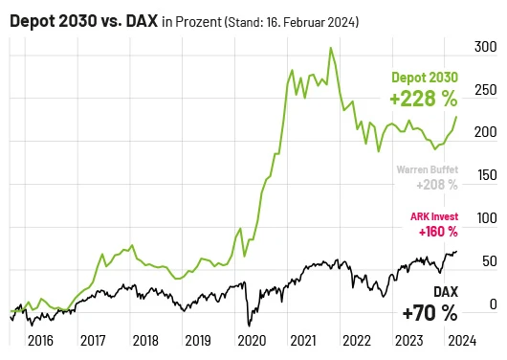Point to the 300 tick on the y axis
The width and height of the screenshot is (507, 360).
[485, 47]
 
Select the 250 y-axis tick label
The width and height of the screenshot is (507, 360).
[485, 90]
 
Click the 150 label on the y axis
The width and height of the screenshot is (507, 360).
[485, 175]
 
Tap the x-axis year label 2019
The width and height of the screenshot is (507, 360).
[197, 340]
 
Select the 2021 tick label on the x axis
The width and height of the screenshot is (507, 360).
[303, 340]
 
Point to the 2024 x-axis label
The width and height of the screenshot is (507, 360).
[461, 340]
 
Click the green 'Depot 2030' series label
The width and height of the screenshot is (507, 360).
[425, 79]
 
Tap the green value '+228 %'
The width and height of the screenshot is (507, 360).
[423, 99]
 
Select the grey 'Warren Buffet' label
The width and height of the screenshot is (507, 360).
[427, 169]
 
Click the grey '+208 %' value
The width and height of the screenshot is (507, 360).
[436, 184]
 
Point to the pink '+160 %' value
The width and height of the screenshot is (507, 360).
[436, 231]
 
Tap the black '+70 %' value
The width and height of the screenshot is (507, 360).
[430, 313]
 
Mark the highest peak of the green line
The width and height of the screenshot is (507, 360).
[330, 48]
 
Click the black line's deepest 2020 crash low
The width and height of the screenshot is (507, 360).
[249, 324]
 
